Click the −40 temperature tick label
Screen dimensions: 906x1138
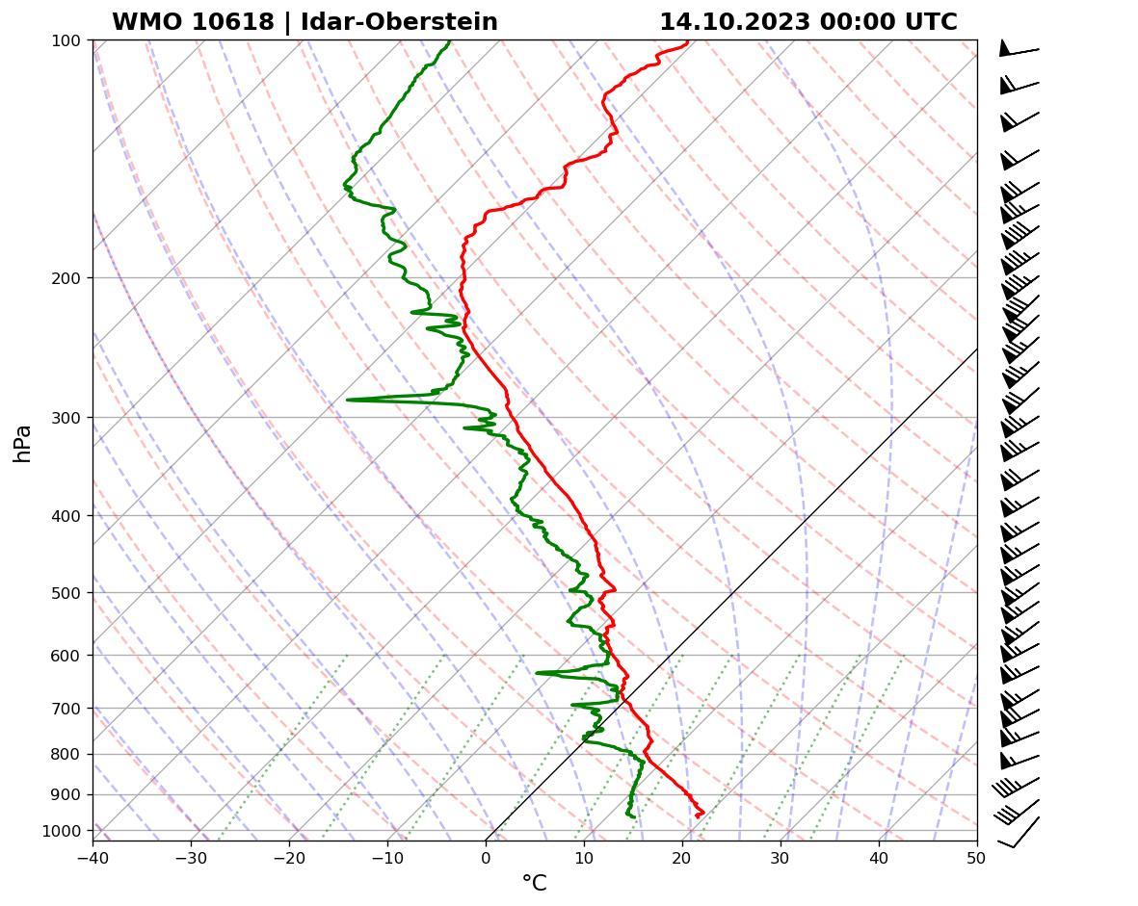(93, 858)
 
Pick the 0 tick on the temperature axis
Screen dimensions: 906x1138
(486, 858)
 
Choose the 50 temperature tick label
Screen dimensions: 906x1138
(977, 858)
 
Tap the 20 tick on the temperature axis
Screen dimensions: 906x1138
(682, 858)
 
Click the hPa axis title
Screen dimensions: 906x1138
(23, 443)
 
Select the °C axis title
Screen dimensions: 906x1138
(534, 883)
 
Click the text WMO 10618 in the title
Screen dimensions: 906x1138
(193, 22)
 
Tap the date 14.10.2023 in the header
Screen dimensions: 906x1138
(734, 22)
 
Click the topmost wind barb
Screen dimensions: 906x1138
(1018, 49)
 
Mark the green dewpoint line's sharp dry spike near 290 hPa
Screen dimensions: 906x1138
(348, 400)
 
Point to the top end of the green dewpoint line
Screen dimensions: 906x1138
(449, 41)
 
